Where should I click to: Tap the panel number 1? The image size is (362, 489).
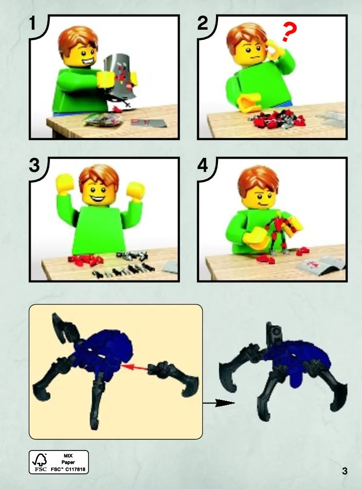(x=33, y=23)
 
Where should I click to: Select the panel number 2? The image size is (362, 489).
(x=202, y=23)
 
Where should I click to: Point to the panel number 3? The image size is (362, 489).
(x=35, y=165)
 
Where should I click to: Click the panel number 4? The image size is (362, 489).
(x=203, y=165)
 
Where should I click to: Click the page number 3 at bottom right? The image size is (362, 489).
(x=344, y=471)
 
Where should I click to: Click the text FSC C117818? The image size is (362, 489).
(x=68, y=469)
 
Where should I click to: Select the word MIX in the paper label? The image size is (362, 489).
(x=68, y=455)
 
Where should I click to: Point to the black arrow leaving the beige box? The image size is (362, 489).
(x=218, y=403)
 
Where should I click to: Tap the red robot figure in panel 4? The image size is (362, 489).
(x=280, y=232)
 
